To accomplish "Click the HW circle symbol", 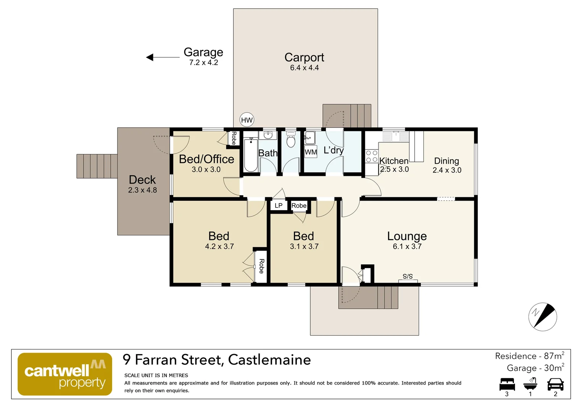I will (247, 120).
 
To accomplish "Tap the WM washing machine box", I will (311, 152).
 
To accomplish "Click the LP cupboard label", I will (279, 206).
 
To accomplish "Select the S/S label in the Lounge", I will (407, 276).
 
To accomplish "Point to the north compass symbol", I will (543, 317).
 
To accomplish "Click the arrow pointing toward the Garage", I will (163, 57).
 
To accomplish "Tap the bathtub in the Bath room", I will (251, 156).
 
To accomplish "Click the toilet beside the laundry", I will (291, 141).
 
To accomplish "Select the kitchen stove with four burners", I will (372, 156).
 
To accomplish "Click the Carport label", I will (304, 57).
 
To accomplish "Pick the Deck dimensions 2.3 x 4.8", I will (142, 190).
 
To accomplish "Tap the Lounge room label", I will (407, 236).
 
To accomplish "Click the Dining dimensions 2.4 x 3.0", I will (447, 170).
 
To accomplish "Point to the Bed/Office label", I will (206, 159).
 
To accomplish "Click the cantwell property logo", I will (65, 374).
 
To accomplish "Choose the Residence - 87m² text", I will (529, 356).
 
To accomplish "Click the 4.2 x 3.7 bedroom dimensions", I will (219, 246).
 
